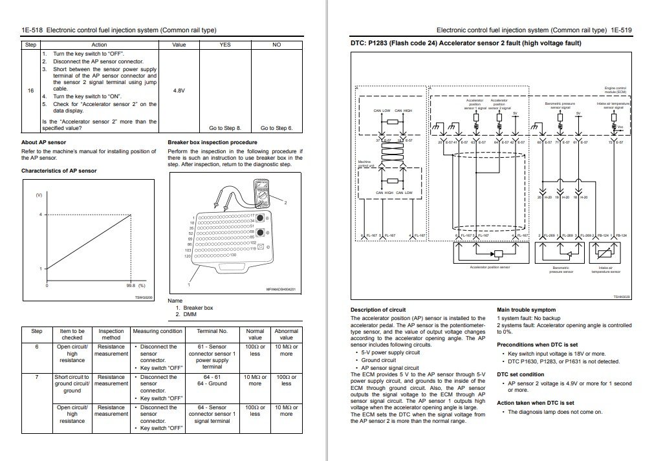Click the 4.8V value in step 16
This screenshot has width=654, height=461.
click(179, 91)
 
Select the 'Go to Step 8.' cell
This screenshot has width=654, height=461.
click(224, 128)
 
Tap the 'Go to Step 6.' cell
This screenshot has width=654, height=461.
click(277, 128)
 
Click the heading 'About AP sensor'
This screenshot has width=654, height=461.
click(43, 142)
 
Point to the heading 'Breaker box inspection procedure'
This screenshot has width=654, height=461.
click(212, 142)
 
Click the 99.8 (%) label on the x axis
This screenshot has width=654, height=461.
click(136, 285)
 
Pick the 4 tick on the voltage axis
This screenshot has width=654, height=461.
click(40, 215)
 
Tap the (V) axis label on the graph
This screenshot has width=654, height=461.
click(38, 195)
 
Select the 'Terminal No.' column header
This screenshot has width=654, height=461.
click(212, 331)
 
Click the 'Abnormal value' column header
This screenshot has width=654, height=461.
click(286, 334)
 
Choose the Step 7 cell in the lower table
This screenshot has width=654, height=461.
click(37, 377)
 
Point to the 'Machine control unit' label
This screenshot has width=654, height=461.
click(365, 164)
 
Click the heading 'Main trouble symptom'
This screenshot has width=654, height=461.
click(526, 310)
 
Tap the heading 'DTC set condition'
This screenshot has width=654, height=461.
click(520, 374)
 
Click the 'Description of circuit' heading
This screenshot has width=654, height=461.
click(378, 310)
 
